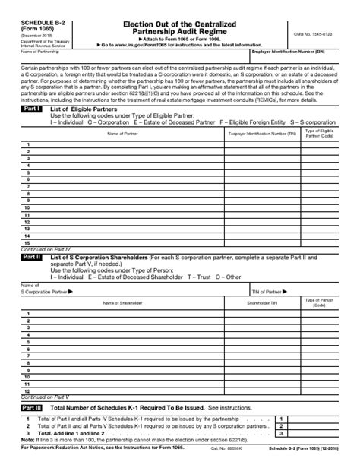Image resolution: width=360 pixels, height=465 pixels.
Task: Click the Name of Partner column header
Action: coord(122,134)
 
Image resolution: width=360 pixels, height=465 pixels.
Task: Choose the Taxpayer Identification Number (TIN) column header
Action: coord(263,134)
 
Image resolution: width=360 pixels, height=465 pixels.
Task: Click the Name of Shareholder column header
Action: coord(122,302)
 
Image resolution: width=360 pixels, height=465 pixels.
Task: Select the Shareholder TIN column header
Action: coord(263,302)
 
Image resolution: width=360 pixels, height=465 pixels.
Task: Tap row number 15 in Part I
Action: coord(27,243)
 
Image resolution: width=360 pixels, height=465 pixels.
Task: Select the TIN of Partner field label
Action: coord(266,291)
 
